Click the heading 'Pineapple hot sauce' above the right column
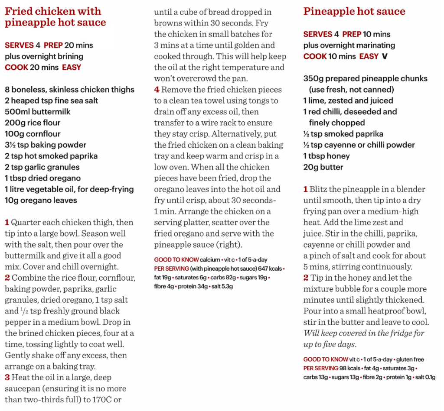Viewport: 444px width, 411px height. (x=354, y=12)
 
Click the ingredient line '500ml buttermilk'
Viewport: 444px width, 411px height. (x=38, y=111)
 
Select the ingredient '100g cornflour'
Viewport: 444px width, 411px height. (x=33, y=134)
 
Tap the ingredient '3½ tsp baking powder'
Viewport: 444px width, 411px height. (x=46, y=145)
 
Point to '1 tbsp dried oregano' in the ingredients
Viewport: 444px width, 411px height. (x=42, y=178)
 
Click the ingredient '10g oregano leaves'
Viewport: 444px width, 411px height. (x=41, y=200)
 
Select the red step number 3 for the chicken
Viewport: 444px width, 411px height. (x=7, y=378)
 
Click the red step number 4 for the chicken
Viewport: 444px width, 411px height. (x=157, y=90)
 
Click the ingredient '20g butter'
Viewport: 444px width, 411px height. (x=323, y=167)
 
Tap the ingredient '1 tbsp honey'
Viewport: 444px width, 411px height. (x=326, y=156)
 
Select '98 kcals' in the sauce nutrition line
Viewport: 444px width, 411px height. (x=350, y=368)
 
